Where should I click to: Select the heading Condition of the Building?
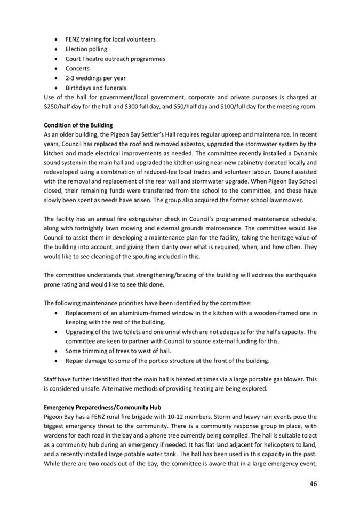point(78,125)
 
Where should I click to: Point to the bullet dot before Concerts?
point(57,69)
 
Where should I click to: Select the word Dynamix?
point(303,153)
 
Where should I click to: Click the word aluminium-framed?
point(133,313)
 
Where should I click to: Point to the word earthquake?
point(299,276)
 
